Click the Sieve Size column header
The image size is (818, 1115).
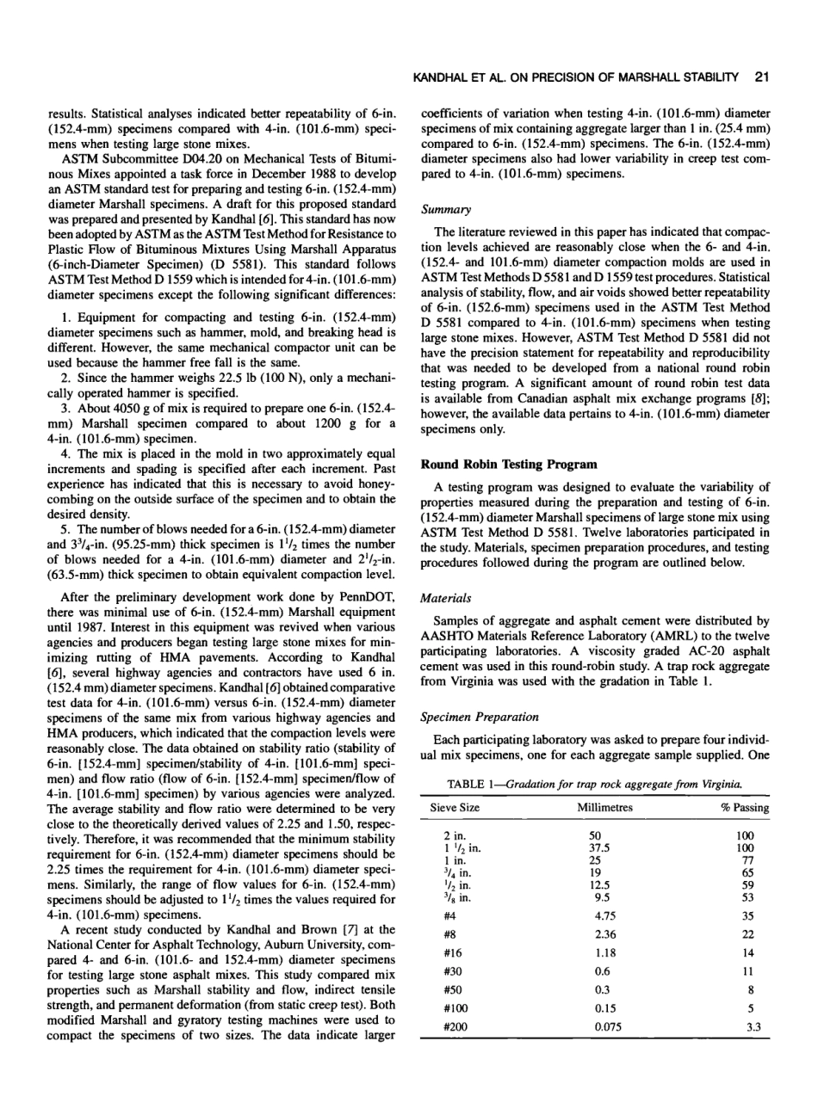point(455,809)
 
